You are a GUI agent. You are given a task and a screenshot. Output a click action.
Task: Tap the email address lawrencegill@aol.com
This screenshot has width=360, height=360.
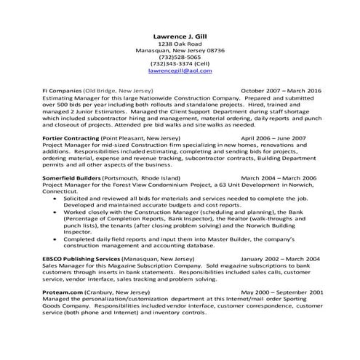tap(180, 71)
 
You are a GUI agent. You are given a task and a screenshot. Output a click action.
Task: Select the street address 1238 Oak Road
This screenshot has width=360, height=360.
tap(180, 44)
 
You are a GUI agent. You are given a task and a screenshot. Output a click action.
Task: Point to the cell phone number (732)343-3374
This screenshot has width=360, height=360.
tap(180, 63)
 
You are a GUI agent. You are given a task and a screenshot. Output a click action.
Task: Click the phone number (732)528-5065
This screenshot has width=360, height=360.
tap(180, 53)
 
